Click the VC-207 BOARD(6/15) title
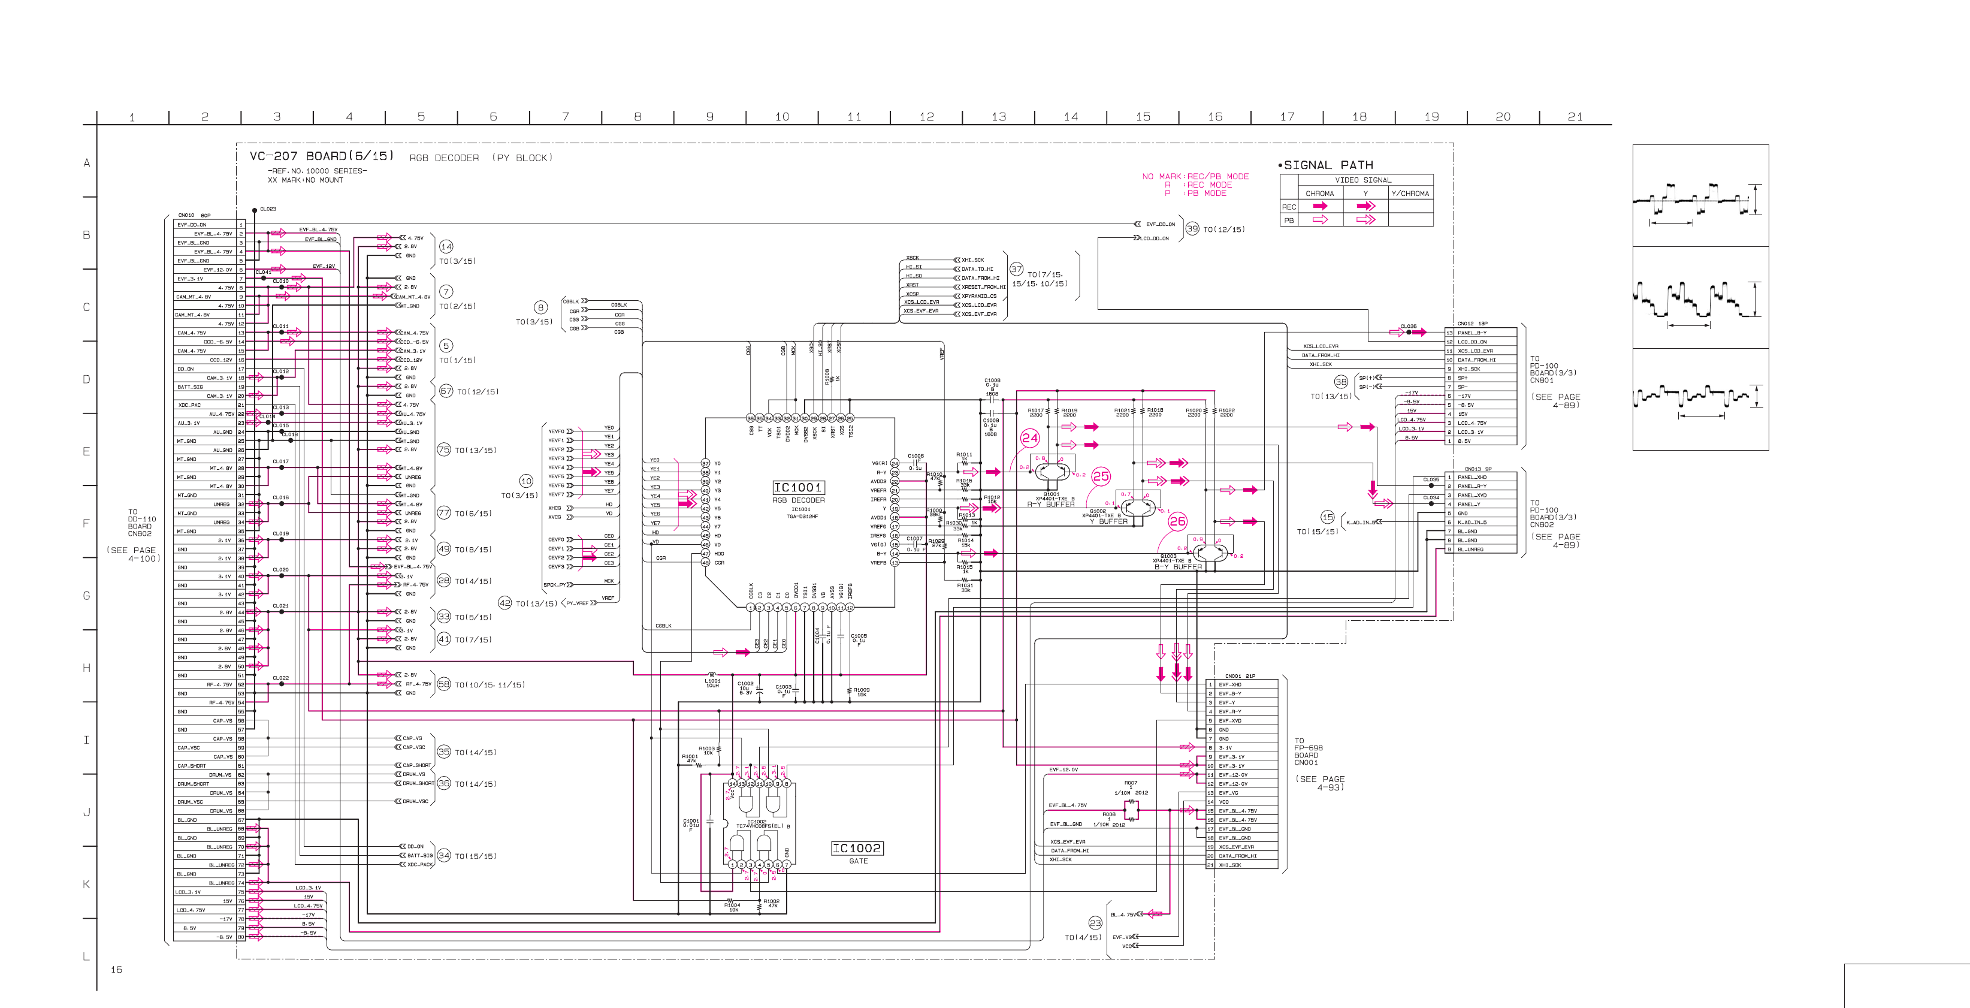(321, 156)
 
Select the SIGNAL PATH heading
(1328, 165)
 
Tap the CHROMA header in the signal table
(1319, 194)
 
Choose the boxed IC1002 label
(857, 848)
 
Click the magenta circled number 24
(1029, 438)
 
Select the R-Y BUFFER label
(1051, 505)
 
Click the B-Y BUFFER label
(1178, 568)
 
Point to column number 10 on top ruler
(781, 117)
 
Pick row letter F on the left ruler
(86, 524)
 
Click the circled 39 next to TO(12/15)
(1192, 229)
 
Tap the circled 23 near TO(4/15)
(1095, 923)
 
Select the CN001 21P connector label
(1240, 676)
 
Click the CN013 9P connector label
(1477, 469)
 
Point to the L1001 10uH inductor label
(712, 683)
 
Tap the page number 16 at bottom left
(116, 970)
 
